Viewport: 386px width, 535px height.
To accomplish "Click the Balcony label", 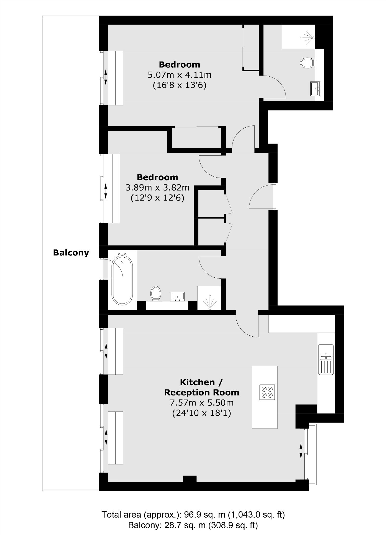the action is pyautogui.click(x=71, y=253).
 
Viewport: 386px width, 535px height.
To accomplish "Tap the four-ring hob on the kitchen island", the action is pyautogui.click(x=267, y=392).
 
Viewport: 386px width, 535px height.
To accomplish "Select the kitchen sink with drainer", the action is pyautogui.click(x=326, y=360).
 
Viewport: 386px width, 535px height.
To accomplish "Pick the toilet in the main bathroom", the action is pyautogui.click(x=156, y=293).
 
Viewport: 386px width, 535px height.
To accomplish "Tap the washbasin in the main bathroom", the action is pyautogui.click(x=177, y=296).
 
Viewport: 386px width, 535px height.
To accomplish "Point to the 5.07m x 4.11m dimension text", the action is pyautogui.click(x=180, y=75).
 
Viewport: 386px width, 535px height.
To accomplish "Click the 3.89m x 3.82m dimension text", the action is pyautogui.click(x=158, y=188).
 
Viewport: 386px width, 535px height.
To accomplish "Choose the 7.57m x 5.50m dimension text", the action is pyautogui.click(x=202, y=403).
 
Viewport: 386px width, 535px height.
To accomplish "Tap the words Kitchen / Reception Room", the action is pyautogui.click(x=202, y=387).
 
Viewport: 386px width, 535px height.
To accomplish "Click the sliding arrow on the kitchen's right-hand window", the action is pyautogui.click(x=301, y=451).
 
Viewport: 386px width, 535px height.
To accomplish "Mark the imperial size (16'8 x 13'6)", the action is pyautogui.click(x=179, y=85).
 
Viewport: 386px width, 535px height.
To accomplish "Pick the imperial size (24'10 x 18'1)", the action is pyautogui.click(x=202, y=413).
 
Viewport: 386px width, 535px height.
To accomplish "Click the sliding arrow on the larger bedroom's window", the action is pyautogui.click(x=106, y=77).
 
